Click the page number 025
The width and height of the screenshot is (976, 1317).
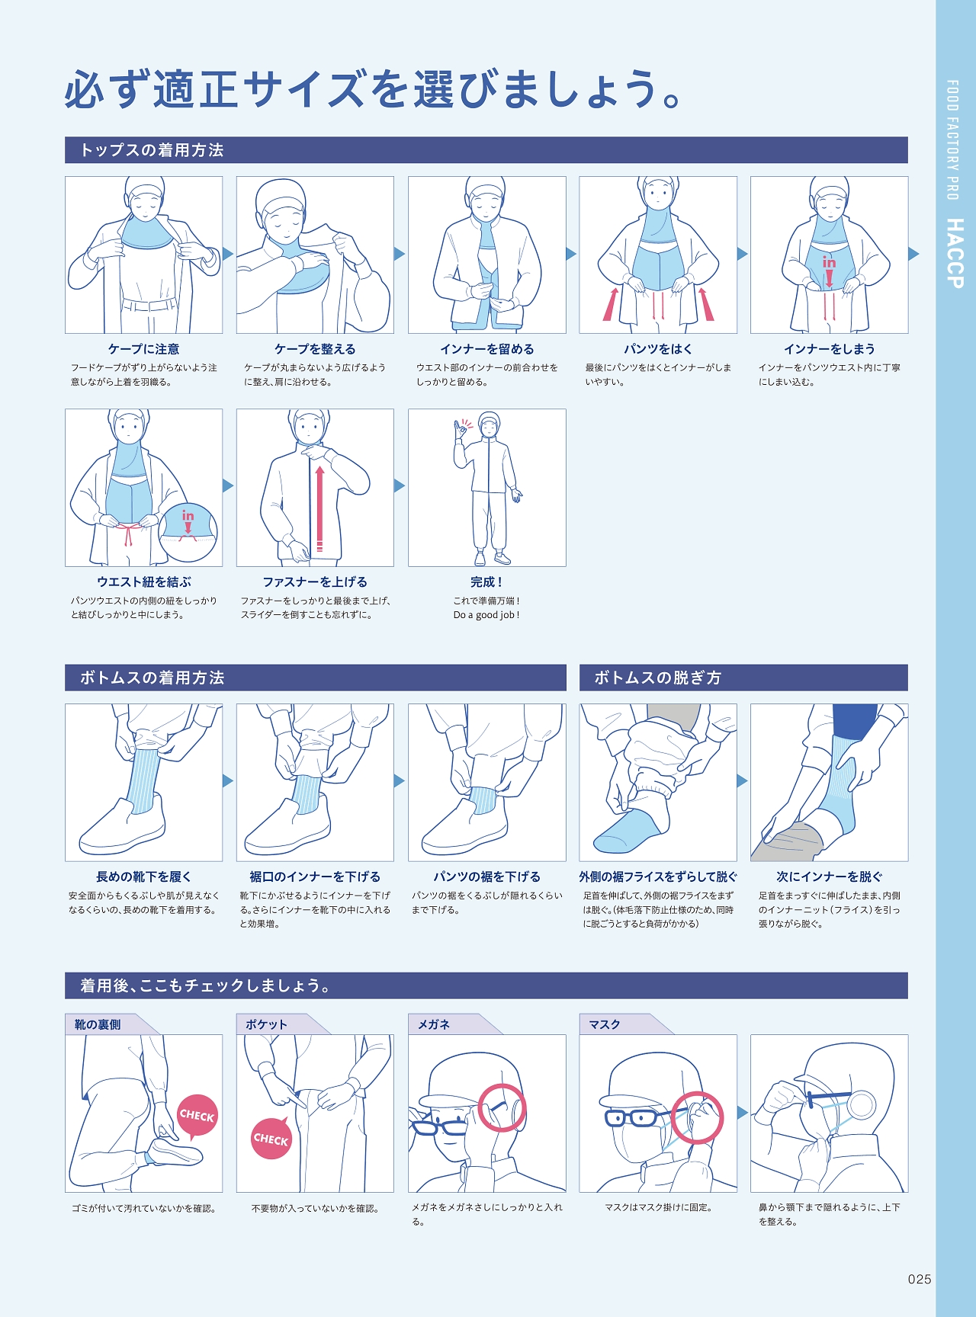coord(920,1280)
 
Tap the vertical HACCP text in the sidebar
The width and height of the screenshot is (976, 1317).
coord(955,253)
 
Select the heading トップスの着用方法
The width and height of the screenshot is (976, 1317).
coord(152,150)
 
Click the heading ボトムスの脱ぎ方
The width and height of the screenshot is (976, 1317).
coord(657,678)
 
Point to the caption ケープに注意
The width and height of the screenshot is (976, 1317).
coord(144,349)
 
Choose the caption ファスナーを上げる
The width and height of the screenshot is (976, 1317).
coord(315,582)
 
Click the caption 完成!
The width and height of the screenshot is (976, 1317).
coord(486,582)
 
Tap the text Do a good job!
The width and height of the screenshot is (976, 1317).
coord(486,615)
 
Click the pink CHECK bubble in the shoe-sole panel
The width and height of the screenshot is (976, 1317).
coord(197,1117)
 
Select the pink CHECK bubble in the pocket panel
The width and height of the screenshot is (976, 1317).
coord(271,1139)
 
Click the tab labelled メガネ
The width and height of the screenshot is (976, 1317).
coord(434,1024)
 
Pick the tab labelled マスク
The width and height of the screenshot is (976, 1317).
coord(605,1024)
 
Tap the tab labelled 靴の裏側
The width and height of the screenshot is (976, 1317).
coord(98,1024)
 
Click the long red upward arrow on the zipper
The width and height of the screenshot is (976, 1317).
coord(319,508)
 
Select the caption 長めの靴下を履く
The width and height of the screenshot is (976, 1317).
coord(144,876)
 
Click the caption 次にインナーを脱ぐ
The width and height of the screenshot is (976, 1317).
coord(830,876)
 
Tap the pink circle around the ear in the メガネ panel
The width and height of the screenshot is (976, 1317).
coord(502,1107)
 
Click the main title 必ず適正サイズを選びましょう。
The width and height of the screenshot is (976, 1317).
coord(373,89)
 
